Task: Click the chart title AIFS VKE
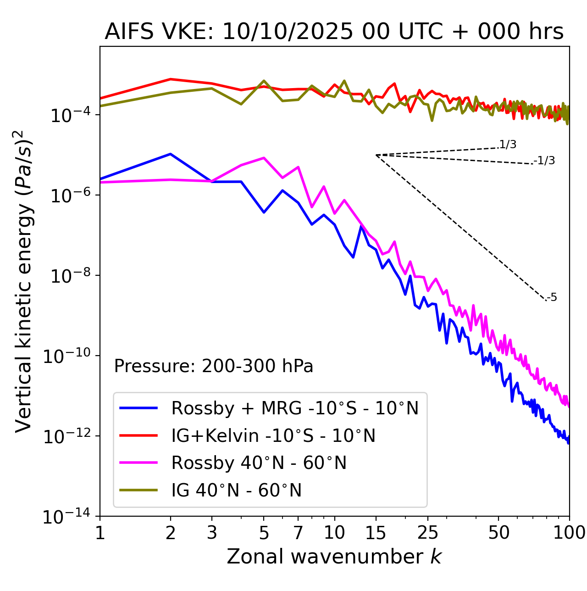pos(334,32)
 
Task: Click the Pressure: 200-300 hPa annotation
pos(214,366)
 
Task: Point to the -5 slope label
pos(552,297)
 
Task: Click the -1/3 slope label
pos(545,161)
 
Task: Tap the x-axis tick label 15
pos(376,533)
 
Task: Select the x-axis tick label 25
pos(428,533)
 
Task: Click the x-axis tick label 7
pos(298,533)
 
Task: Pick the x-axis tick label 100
pos(569,533)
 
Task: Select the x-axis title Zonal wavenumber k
pos(334,557)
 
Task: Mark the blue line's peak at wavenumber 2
pos(171,154)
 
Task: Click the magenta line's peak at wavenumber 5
pos(264,158)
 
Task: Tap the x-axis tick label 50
pos(498,533)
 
